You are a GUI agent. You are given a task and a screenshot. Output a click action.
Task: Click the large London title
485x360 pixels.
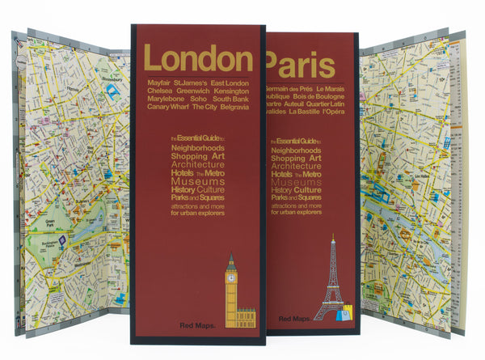pyautogui.click(x=198, y=58)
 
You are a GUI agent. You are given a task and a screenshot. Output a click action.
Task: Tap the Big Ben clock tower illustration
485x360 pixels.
pyautogui.click(x=233, y=291)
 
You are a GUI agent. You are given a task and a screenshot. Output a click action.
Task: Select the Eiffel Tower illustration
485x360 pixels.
pyautogui.click(x=332, y=278)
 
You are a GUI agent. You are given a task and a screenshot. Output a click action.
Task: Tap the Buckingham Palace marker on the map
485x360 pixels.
pyautogui.click(x=62, y=240)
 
